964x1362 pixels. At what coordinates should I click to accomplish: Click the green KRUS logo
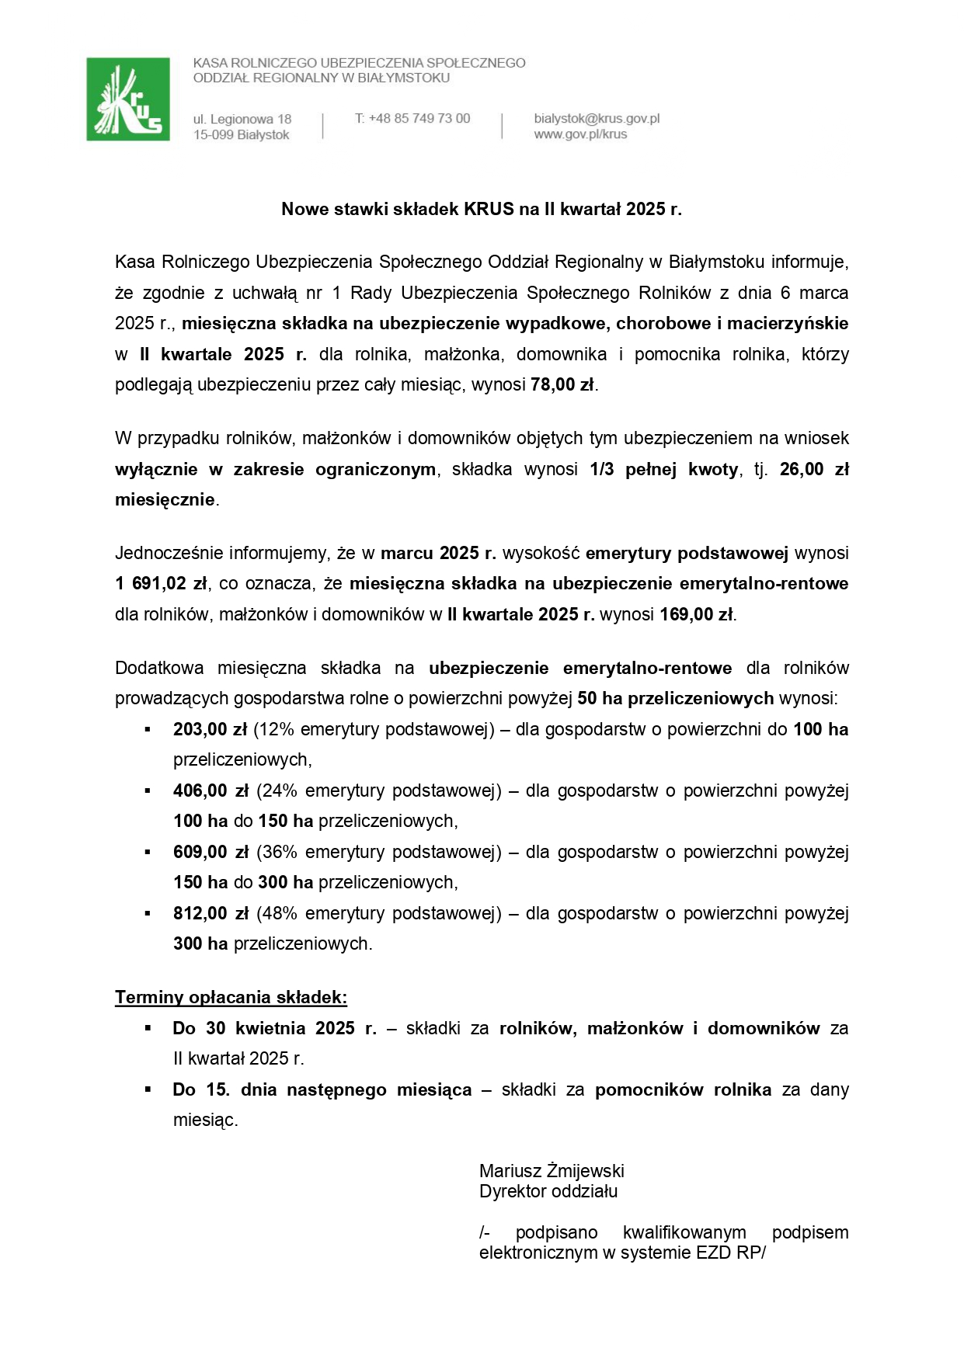click(x=128, y=99)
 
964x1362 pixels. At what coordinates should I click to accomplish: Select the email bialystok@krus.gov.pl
click(x=597, y=119)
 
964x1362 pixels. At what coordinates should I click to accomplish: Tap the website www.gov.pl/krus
click(x=579, y=134)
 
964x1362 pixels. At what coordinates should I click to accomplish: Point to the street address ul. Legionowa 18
click(x=242, y=120)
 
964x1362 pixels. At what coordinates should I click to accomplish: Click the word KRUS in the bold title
click(x=489, y=209)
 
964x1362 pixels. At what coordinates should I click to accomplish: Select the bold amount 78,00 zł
click(x=562, y=384)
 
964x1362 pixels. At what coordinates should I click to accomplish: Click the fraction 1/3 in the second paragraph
click(x=601, y=469)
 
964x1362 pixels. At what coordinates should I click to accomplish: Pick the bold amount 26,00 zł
click(x=813, y=469)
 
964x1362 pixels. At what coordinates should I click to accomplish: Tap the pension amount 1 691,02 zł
click(x=162, y=584)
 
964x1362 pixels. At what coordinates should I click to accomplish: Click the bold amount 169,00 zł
click(x=696, y=614)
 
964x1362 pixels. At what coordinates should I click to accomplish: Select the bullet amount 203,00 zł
click(x=210, y=730)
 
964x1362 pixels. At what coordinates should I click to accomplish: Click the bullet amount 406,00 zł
click(x=211, y=791)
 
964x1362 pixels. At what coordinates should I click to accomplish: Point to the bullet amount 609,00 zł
click(x=211, y=853)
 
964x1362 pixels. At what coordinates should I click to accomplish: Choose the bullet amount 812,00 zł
click(x=211, y=914)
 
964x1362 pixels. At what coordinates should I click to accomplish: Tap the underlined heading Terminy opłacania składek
click(x=231, y=997)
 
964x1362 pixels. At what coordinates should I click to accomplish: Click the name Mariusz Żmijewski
click(x=552, y=1171)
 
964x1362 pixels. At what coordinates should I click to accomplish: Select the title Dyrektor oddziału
click(x=548, y=1191)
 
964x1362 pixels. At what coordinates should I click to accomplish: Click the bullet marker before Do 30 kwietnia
click(x=148, y=1028)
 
